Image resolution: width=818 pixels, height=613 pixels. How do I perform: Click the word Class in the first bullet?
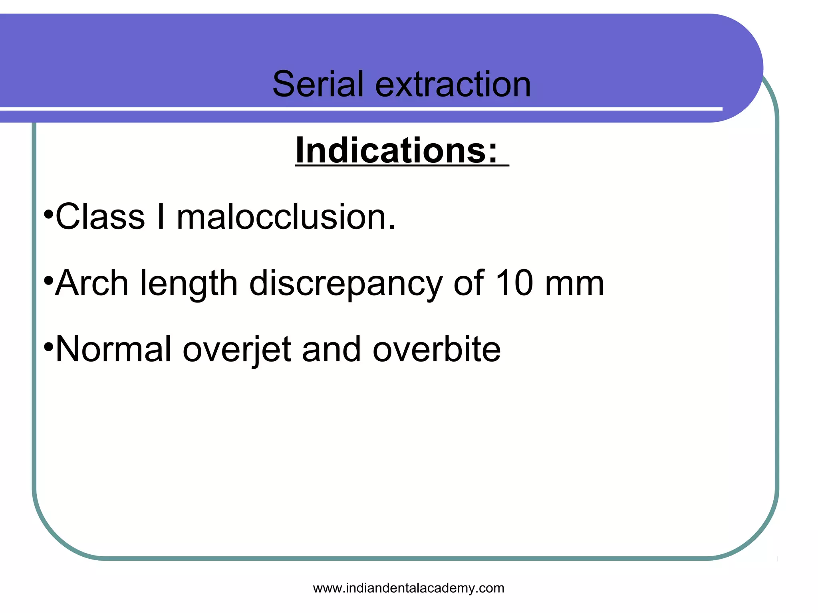[100, 217]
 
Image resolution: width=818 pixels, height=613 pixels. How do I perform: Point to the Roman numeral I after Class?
[161, 217]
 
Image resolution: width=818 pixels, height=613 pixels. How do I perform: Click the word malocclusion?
[286, 217]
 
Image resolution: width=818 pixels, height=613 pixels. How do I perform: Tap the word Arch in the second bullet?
[91, 283]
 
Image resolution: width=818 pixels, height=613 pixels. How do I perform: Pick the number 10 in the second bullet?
[514, 283]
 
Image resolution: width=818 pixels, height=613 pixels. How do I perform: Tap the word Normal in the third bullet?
[114, 349]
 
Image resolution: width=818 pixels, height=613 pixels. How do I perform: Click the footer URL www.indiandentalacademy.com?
[408, 588]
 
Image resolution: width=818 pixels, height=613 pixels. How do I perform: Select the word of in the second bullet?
[469, 283]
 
